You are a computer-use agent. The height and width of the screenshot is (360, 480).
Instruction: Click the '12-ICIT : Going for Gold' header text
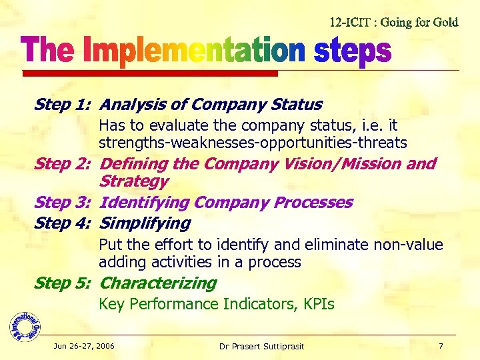[x=394, y=22]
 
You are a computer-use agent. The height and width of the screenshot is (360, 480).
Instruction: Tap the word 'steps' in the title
[x=352, y=52]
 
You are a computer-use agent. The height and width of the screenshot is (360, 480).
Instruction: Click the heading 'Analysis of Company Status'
[x=211, y=105]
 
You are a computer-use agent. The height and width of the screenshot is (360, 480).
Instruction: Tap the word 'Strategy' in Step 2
[x=133, y=181]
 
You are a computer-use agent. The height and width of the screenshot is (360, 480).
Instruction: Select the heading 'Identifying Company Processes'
[x=226, y=203]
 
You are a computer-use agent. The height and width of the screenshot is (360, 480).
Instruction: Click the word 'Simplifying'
[x=145, y=223]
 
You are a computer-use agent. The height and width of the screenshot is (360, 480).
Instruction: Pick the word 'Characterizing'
[x=158, y=283]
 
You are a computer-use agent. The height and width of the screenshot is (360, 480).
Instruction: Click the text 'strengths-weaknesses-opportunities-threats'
[x=253, y=143]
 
